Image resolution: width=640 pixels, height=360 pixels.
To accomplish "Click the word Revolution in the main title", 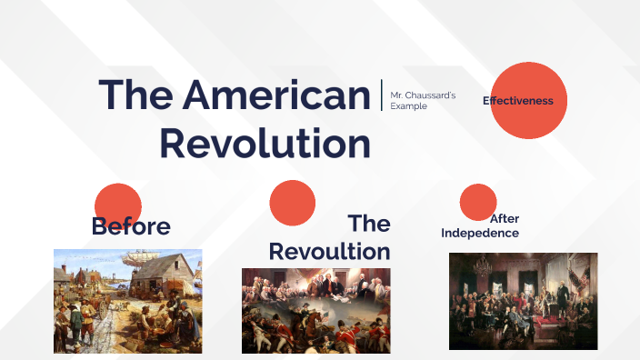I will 265,145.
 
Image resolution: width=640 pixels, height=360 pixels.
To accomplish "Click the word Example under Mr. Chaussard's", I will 408,106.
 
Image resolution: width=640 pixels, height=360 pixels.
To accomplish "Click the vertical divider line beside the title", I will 382,95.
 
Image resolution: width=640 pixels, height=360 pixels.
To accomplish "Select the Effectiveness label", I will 518,101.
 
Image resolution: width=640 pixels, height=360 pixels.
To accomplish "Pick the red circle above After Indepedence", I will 478,202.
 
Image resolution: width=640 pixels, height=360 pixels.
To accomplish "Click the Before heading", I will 131,226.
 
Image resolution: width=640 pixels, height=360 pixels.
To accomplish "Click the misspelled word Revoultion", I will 329,251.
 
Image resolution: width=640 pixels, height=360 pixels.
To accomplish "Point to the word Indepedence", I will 480,234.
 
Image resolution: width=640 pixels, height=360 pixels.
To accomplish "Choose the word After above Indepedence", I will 505,219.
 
